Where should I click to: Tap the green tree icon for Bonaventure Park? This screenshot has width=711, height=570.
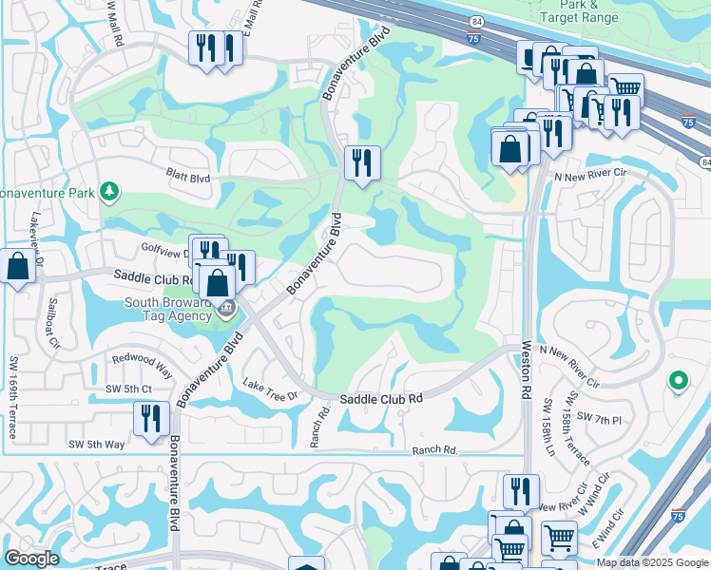110,192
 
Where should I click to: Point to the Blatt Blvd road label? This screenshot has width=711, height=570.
188,177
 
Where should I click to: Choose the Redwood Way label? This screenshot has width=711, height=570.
142,363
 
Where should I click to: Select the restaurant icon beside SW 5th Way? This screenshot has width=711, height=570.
151,418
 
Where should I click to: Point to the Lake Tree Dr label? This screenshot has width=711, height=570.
271,389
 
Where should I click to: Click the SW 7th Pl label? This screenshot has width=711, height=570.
599,420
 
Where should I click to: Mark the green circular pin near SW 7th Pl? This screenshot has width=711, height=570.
678,382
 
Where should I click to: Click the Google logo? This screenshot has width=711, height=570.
30,559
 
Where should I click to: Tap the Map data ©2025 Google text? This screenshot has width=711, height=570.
651,562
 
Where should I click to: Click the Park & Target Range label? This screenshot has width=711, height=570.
580,11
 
